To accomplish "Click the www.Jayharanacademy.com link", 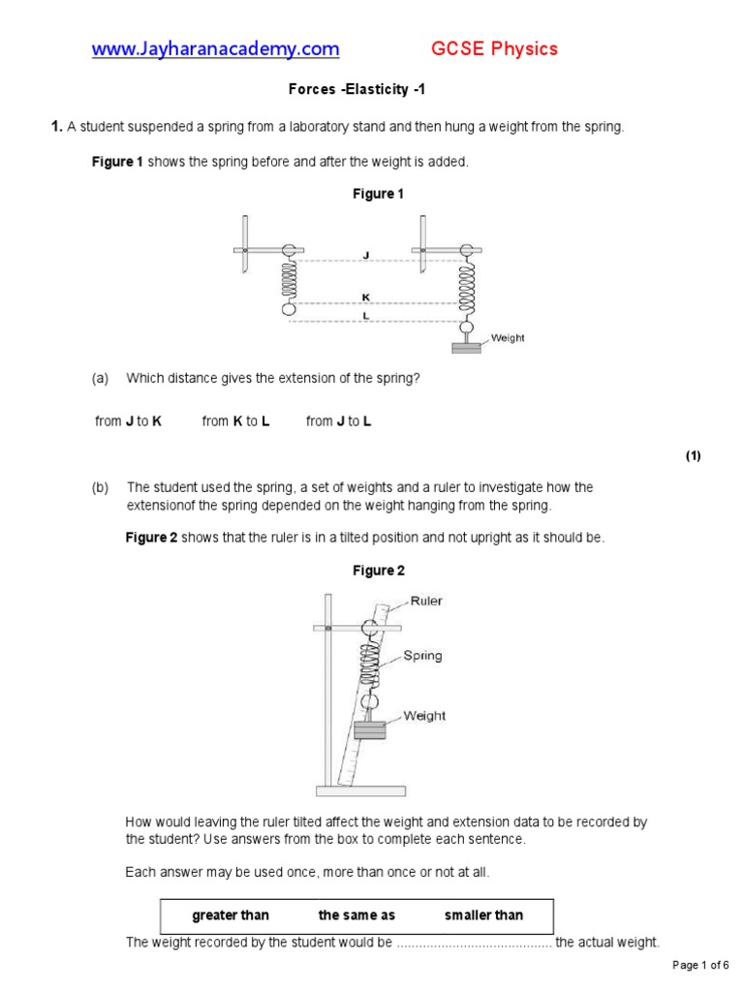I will tap(215, 48).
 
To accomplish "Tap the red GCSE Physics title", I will tap(494, 48).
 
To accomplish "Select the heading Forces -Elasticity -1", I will tap(356, 90).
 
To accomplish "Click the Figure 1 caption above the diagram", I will tap(378, 194).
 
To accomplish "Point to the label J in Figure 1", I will tap(365, 256).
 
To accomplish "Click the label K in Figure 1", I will tap(365, 296).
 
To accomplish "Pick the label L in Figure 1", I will tap(365, 316).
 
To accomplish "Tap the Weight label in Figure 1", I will tap(508, 338).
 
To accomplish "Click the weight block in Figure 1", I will tap(466, 346).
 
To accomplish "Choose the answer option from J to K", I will tap(128, 421).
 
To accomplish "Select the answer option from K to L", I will tap(235, 421).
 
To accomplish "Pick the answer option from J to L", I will tap(339, 421).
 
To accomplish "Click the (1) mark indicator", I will tap(693, 456).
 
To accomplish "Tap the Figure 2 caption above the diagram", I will tap(378, 571).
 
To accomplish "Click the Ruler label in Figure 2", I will tap(426, 601).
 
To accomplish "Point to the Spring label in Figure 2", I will tap(422, 655).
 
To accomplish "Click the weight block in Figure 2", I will tap(369, 730).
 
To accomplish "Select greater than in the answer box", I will tap(231, 915).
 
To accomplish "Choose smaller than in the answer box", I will tap(483, 915).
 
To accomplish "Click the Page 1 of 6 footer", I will tap(701, 965).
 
